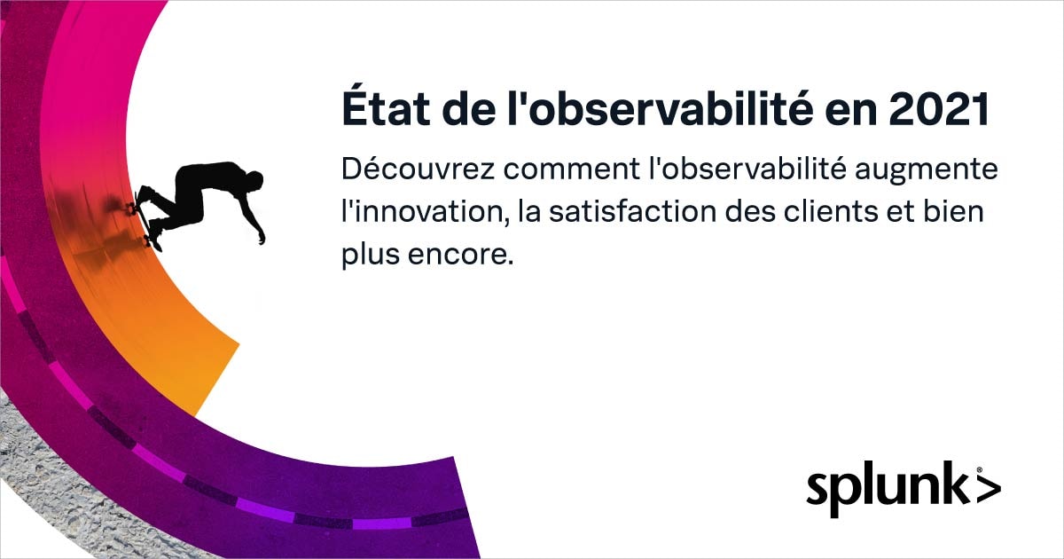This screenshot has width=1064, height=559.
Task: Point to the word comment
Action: (571, 170)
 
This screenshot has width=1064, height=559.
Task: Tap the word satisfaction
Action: (633, 210)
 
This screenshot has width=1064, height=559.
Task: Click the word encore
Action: (461, 256)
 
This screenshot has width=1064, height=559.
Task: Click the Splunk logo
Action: (904, 489)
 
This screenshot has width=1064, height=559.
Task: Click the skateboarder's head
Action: (254, 181)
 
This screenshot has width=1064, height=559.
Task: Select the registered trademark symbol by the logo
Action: (980, 470)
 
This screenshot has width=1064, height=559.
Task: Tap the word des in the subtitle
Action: (750, 211)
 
